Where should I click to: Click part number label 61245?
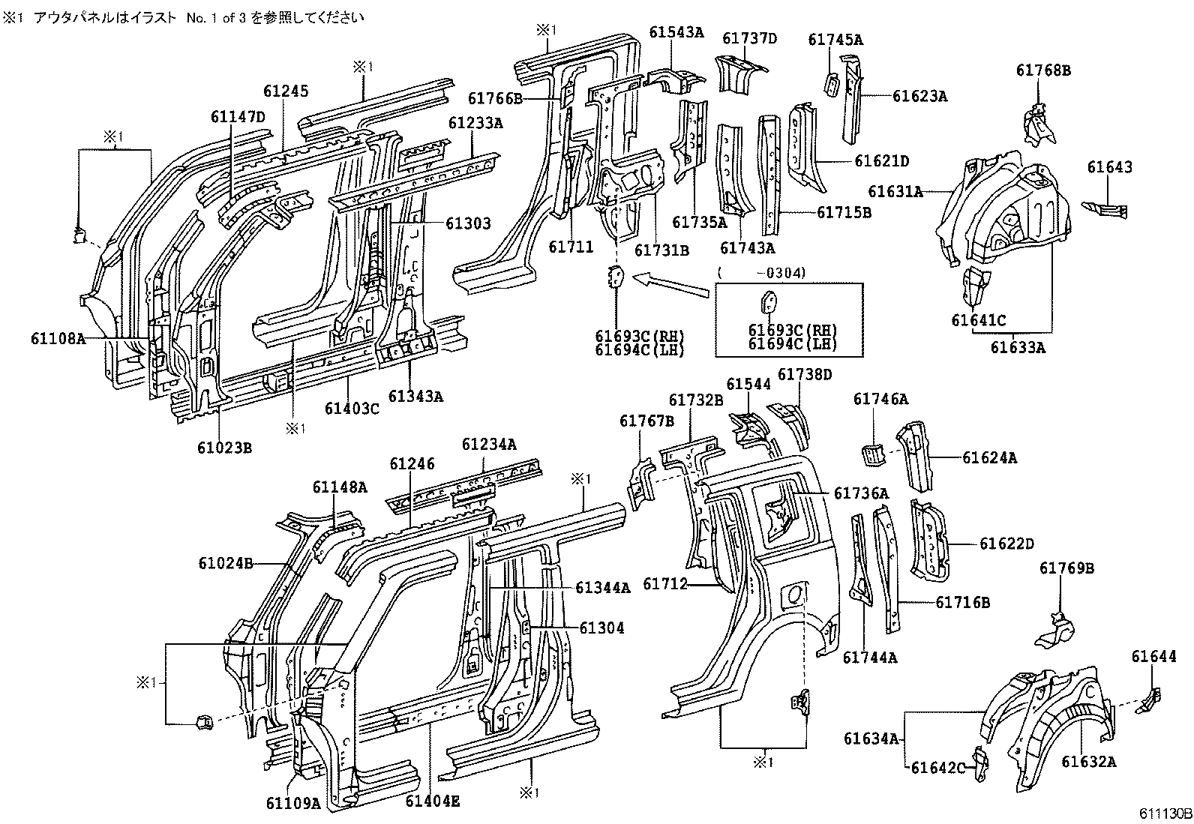tap(286, 91)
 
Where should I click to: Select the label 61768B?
tap(1043, 70)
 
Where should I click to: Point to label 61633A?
tap(1017, 347)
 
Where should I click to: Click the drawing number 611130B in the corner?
tap(1162, 814)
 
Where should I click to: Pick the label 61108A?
tap(58, 338)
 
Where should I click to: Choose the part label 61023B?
tap(224, 448)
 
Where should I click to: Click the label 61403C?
tap(352, 409)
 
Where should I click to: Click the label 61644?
tap(1153, 657)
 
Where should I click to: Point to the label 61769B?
tap(1066, 568)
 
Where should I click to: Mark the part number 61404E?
tap(433, 801)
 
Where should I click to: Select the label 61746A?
tap(880, 400)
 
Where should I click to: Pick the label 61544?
tap(748, 384)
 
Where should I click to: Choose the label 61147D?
tap(238, 116)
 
